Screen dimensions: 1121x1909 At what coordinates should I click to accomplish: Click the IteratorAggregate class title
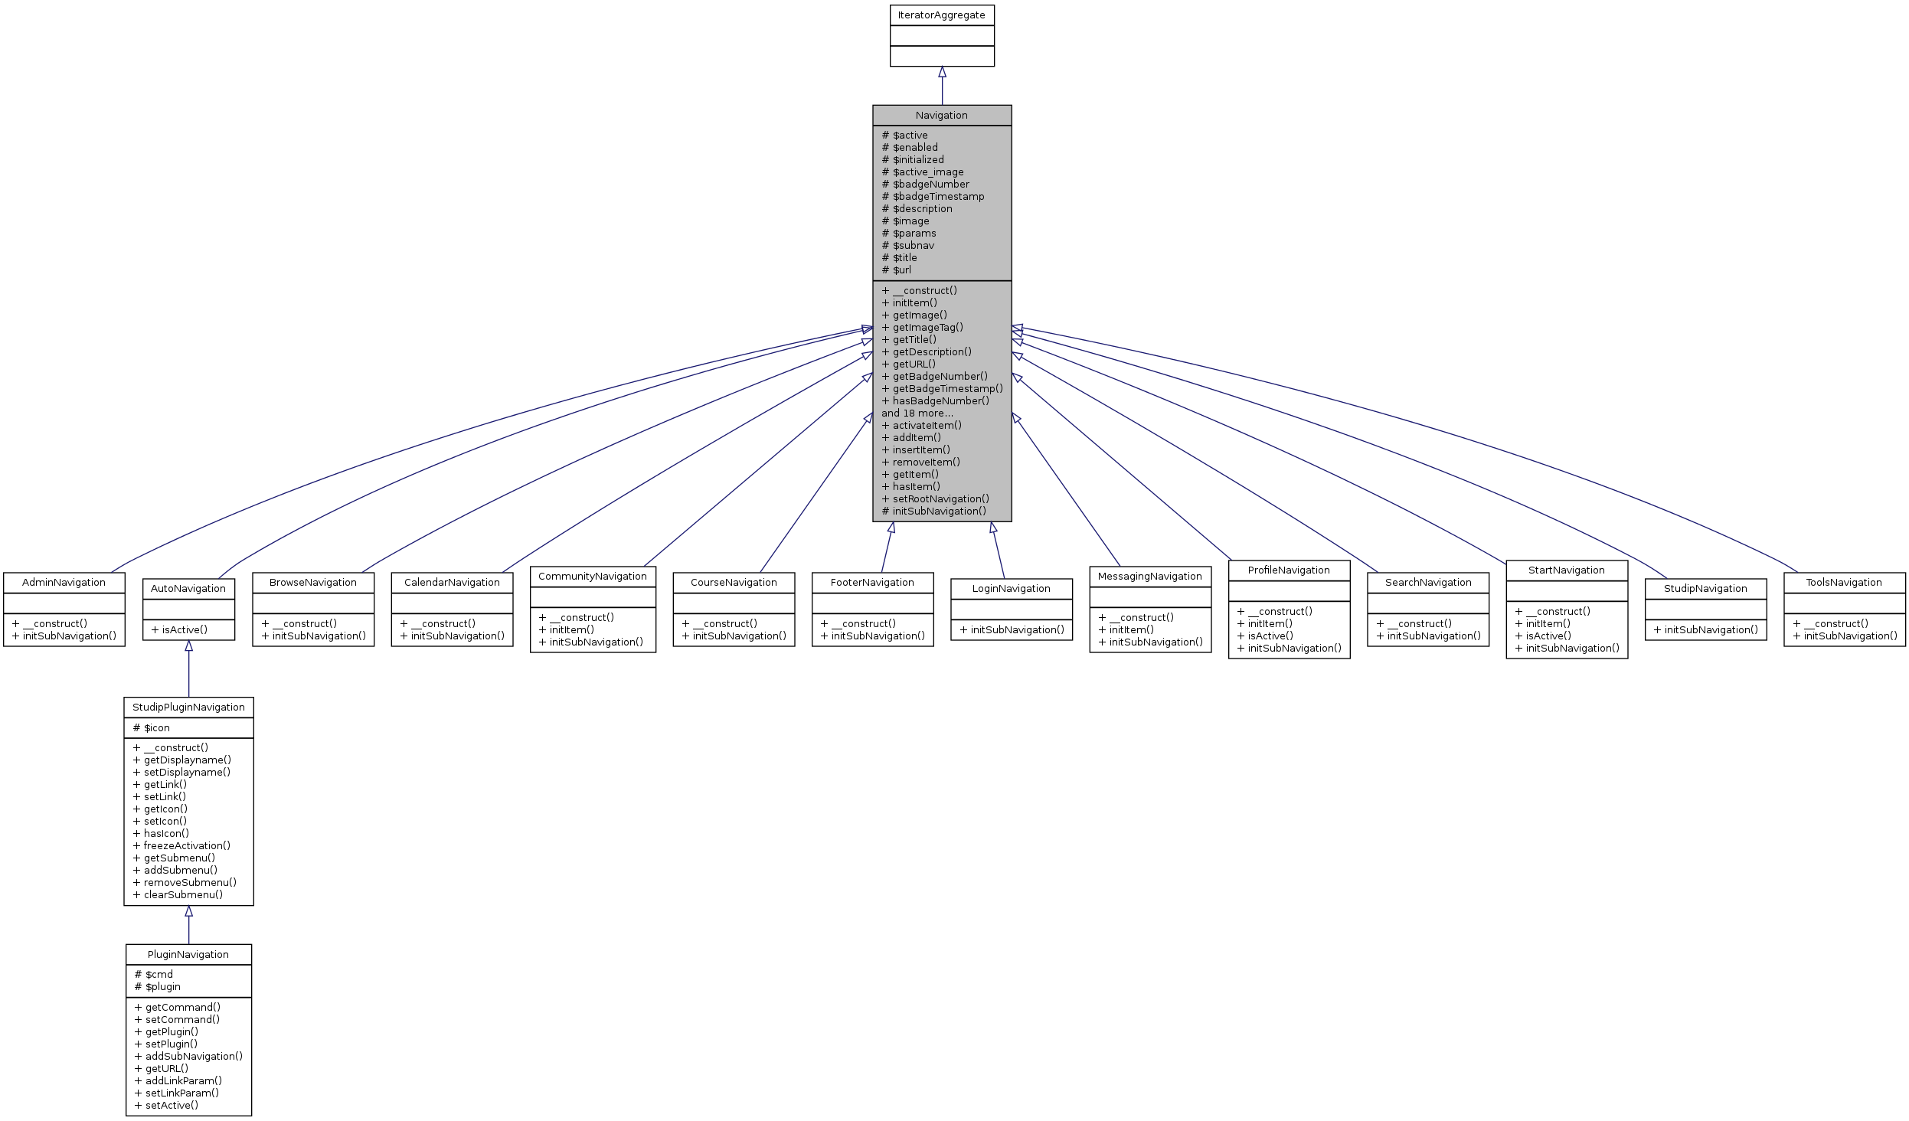coord(941,15)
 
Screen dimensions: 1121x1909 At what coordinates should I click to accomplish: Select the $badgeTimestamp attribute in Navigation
coord(938,197)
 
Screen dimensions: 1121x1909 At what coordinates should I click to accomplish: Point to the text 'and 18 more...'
coord(917,413)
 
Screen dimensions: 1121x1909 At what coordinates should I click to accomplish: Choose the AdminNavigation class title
coord(64,583)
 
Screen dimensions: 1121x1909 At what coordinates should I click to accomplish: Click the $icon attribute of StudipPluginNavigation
coord(156,728)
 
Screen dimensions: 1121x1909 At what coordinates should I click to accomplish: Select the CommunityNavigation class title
coord(592,577)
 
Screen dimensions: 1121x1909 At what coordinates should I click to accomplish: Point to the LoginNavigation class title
coord(1011,589)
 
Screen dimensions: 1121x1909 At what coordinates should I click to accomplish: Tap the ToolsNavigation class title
coord(1843,583)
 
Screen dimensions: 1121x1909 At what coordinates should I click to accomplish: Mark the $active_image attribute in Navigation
coord(927,172)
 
